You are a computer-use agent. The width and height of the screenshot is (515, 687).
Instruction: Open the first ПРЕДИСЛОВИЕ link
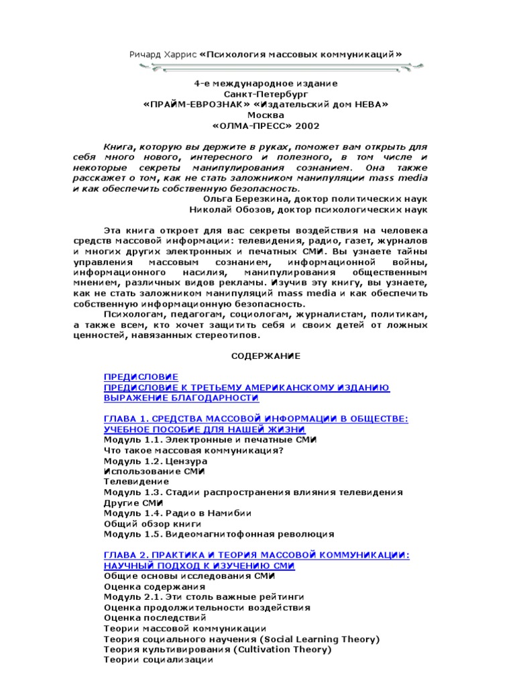pos(141,377)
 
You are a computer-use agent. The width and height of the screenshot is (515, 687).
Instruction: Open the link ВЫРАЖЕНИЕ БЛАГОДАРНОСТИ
pos(181,399)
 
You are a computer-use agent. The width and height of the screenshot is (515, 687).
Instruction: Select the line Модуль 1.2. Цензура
pos(156,462)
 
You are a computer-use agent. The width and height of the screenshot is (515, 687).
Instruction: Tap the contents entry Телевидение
pos(137,482)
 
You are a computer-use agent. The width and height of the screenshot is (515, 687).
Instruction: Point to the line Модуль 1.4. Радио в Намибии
pos(178,513)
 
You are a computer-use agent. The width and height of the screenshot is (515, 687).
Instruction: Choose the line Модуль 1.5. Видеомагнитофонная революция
pos(219,535)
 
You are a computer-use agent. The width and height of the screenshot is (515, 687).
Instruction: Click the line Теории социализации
pos(158,660)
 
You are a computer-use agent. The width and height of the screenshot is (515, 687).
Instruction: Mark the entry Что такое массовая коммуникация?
pos(194,451)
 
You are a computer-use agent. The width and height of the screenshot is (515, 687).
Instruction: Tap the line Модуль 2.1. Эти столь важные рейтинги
pos(205,596)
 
